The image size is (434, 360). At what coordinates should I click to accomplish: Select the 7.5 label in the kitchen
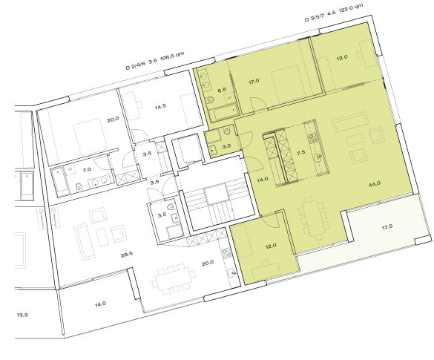tap(300, 151)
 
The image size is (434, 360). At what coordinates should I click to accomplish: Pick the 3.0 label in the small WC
tap(228, 147)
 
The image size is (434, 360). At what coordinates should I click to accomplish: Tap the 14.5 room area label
tap(160, 108)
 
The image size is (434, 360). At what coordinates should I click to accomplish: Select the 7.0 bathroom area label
tap(86, 170)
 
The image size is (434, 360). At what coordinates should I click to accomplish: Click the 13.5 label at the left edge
tap(22, 314)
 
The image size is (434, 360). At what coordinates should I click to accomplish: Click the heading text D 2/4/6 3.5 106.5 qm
tap(155, 60)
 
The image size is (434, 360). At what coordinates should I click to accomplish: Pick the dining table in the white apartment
tap(171, 284)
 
